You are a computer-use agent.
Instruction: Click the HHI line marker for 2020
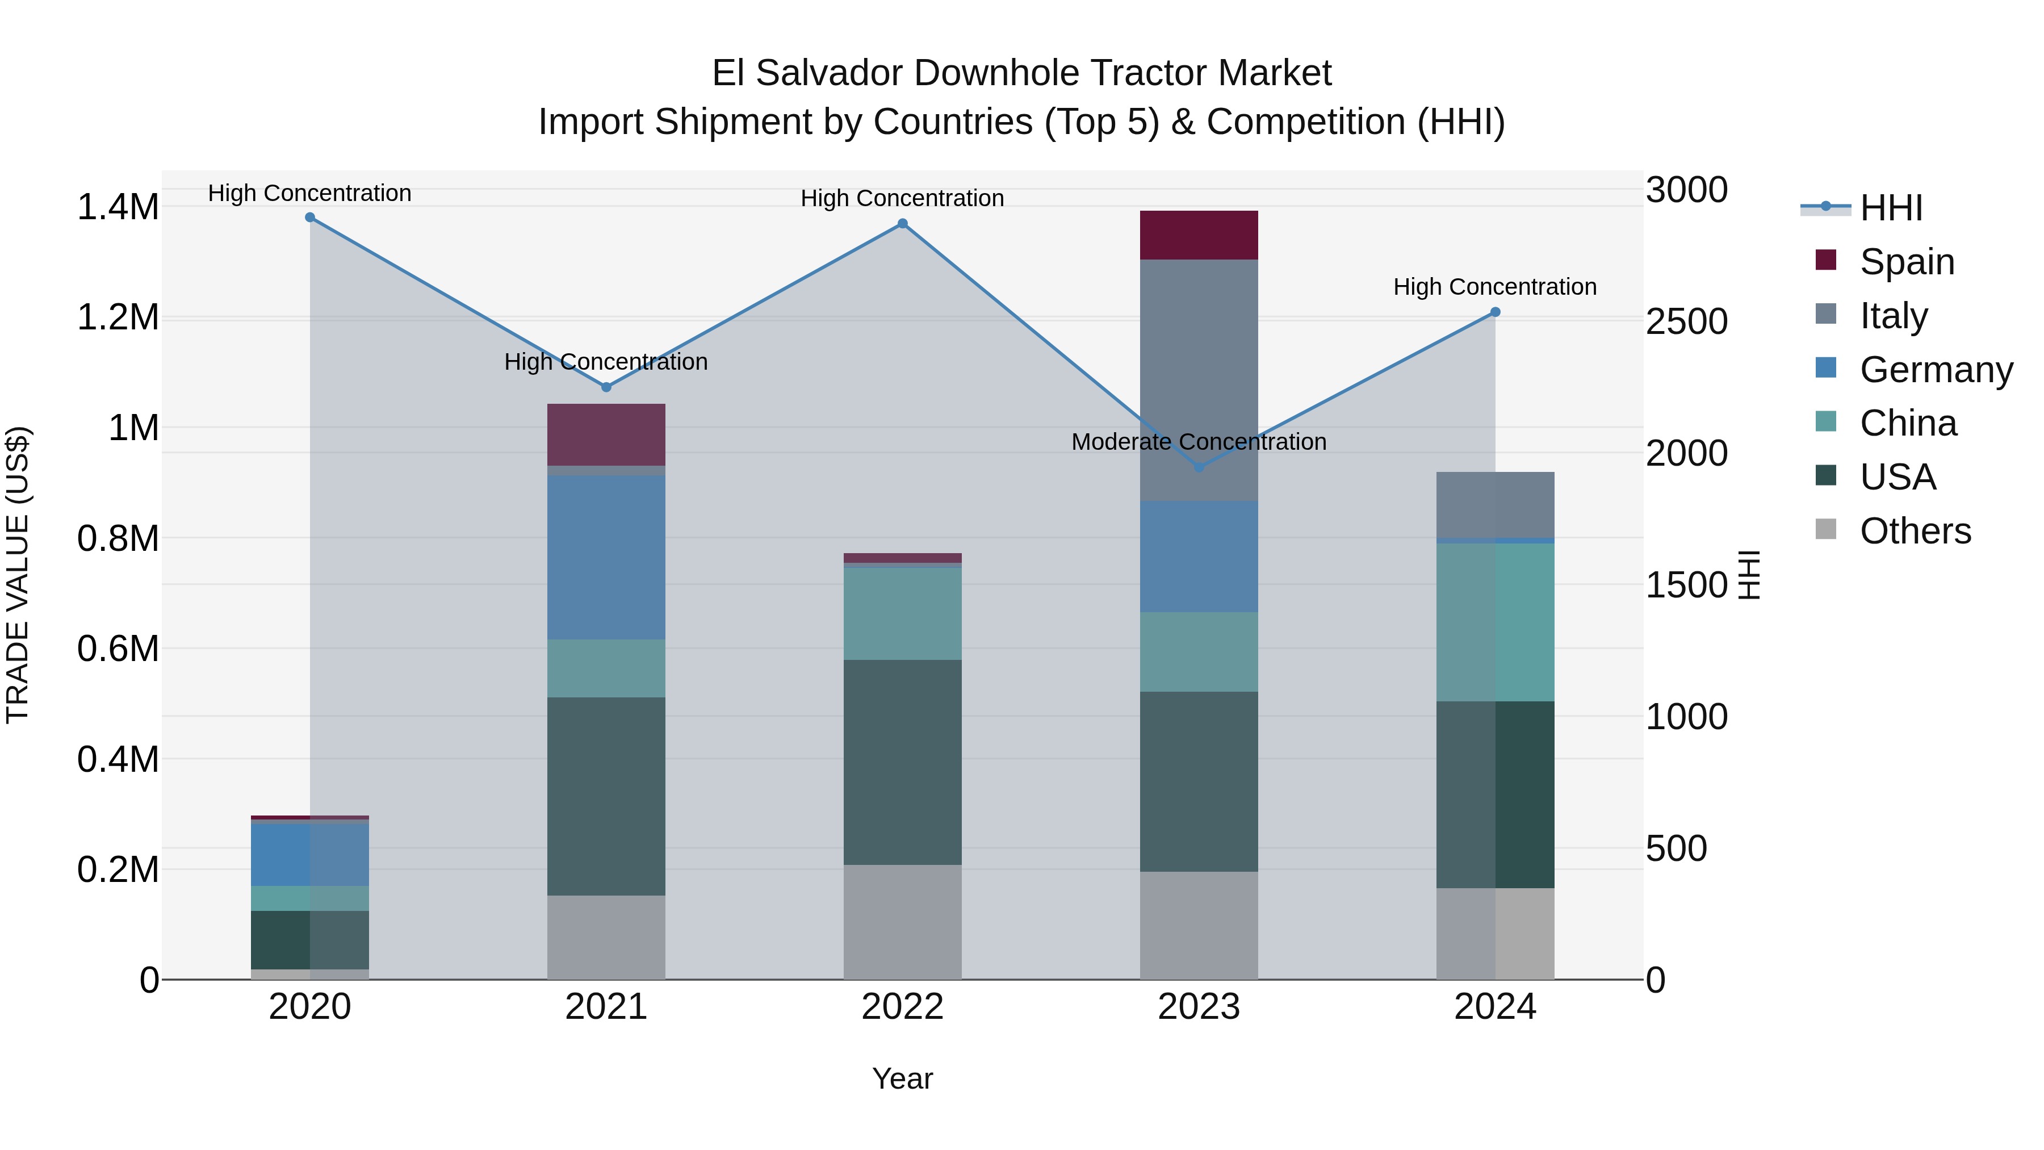point(309,218)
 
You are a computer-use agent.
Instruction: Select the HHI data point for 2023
point(1199,467)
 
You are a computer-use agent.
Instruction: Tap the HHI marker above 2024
point(1495,312)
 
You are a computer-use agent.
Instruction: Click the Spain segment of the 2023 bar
point(1199,235)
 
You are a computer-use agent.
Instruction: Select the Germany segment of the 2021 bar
point(606,557)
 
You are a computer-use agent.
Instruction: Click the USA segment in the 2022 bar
point(902,762)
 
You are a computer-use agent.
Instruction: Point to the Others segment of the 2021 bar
point(606,936)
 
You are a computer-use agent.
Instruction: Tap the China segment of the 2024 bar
point(1495,622)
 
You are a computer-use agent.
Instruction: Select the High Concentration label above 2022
point(902,198)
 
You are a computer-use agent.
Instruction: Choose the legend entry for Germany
point(1936,370)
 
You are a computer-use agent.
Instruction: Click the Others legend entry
point(1915,531)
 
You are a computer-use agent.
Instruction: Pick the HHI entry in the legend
point(1890,208)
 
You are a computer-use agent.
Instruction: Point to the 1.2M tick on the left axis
point(118,317)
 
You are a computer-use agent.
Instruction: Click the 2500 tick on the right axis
point(1686,321)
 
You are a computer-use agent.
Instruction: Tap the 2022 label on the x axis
point(902,1007)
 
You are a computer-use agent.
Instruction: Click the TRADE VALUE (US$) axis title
point(18,575)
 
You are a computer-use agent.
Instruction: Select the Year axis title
point(902,1078)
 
